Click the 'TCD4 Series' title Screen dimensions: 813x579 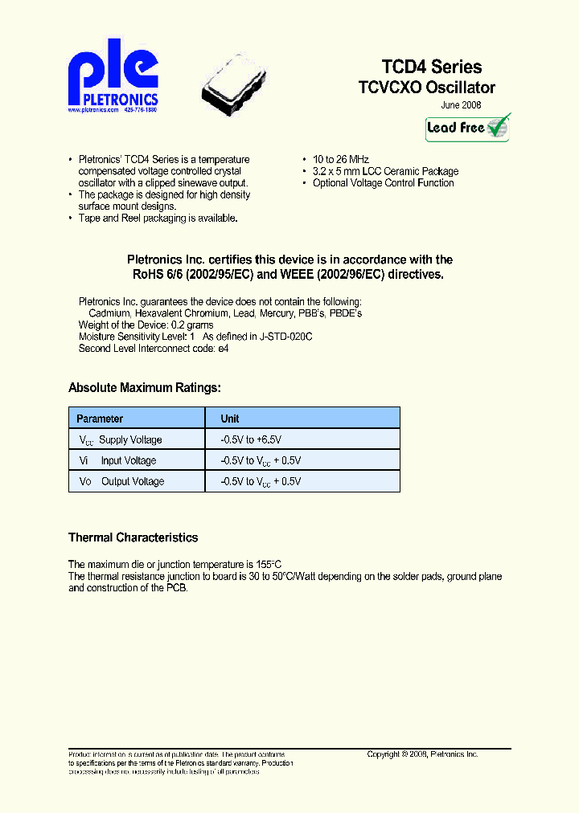click(431, 67)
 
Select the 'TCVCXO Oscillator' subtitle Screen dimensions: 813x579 click(426, 88)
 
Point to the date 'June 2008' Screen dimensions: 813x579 click(462, 105)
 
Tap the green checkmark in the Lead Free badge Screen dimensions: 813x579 click(498, 126)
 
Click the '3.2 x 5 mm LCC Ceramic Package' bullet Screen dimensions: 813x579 click(385, 171)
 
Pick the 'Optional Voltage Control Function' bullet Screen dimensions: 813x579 click(383, 183)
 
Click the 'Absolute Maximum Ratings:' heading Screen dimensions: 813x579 click(145, 388)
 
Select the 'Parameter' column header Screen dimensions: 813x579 click(100, 419)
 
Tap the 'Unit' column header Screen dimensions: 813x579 click(230, 419)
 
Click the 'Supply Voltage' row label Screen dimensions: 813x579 click(130, 439)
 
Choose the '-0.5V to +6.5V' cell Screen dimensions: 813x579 click(250, 439)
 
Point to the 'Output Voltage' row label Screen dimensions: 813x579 click(132, 481)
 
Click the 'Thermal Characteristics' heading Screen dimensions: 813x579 click(133, 537)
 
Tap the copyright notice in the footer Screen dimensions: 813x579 click(422, 754)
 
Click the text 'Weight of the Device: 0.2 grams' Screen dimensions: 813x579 click(146, 325)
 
